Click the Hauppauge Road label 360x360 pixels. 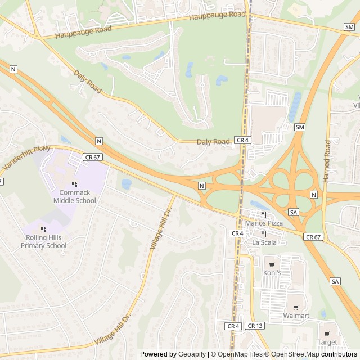pyautogui.click(x=217, y=16)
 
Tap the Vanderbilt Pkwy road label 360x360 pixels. pyautogui.click(x=26, y=159)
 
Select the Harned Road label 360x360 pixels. pyautogui.click(x=327, y=160)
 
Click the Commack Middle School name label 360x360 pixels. pyautogui.click(x=75, y=196)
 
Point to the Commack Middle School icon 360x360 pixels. pyautogui.click(x=74, y=184)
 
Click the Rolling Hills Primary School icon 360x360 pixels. pyautogui.click(x=43, y=229)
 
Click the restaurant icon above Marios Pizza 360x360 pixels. pyautogui.click(x=263, y=214)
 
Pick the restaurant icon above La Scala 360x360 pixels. pyautogui.click(x=263, y=233)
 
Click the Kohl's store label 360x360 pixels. pyautogui.click(x=272, y=273)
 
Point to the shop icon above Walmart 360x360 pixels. pyautogui.click(x=296, y=307)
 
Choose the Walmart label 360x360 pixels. pyautogui.click(x=296, y=316)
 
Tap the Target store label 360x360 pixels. pyautogui.click(x=327, y=342)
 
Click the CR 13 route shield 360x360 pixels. pyautogui.click(x=255, y=326)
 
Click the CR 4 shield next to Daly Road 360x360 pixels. pyautogui.click(x=242, y=139)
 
